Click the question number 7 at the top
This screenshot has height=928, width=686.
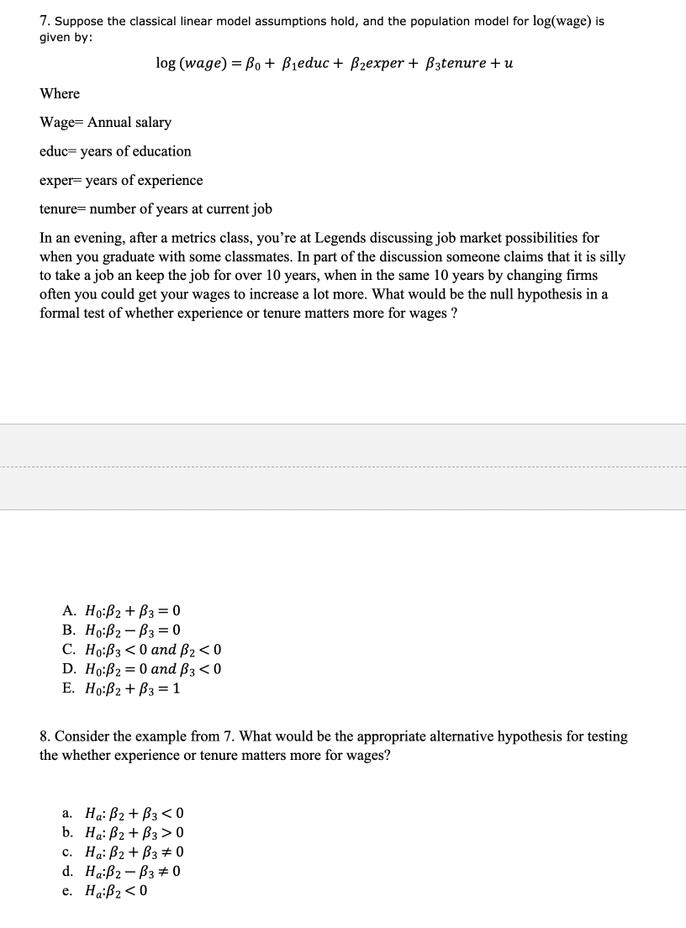[x=45, y=21]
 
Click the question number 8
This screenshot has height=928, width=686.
[x=45, y=736]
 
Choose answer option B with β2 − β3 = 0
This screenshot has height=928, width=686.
[x=122, y=630]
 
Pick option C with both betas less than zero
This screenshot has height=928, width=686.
[x=142, y=650]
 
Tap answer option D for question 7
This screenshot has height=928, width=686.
[x=142, y=669]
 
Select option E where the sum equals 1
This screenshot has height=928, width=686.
[x=122, y=688]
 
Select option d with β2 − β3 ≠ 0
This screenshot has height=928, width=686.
[x=122, y=872]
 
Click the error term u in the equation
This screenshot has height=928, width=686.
[x=509, y=63]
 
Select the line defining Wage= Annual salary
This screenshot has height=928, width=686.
[x=106, y=123]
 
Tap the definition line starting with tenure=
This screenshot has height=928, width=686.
[x=156, y=209]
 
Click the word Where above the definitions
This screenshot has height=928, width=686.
[x=60, y=93]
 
